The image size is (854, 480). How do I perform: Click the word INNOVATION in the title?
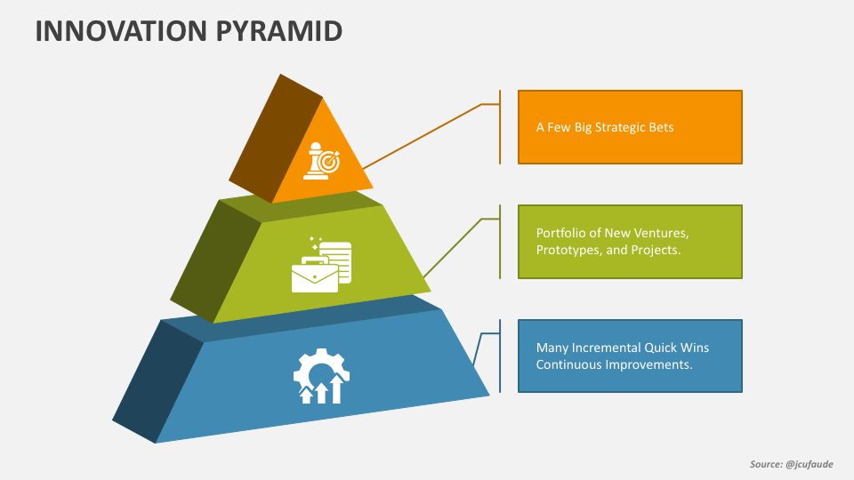[x=121, y=31]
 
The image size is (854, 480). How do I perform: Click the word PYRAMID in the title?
[x=279, y=31]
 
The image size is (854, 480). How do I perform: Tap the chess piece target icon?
[x=321, y=161]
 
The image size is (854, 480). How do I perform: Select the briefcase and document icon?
[x=321, y=266]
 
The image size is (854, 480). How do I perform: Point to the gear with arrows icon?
[x=321, y=376]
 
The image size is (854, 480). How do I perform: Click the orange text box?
[x=630, y=127]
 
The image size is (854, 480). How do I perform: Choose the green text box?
[x=630, y=242]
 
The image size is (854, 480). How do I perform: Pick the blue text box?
[x=630, y=356]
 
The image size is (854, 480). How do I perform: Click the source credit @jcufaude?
[x=810, y=464]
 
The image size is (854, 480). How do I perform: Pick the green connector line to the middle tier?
[x=453, y=248]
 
